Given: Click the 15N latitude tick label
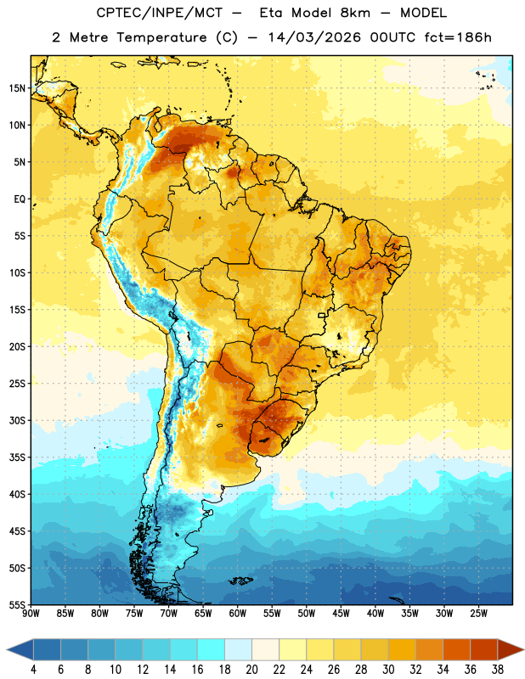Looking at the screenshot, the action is (x=17, y=88).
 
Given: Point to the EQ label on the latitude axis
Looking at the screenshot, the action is (x=20, y=199).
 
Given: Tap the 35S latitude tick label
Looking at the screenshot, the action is (x=17, y=457).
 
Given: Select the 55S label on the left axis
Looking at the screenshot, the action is (x=17, y=605).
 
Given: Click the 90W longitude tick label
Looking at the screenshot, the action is (x=31, y=614).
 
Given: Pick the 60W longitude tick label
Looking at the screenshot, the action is (x=238, y=614).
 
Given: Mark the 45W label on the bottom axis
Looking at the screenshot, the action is (x=341, y=614).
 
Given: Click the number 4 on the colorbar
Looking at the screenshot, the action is (x=33, y=670).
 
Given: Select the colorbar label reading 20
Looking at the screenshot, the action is (x=251, y=670).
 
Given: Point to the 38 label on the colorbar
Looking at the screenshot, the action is (x=498, y=670).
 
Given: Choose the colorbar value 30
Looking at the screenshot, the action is (x=388, y=670).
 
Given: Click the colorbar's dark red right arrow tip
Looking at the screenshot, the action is (x=523, y=649).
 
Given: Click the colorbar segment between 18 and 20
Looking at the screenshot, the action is (x=238, y=649).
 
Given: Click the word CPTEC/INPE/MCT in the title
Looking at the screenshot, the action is (x=160, y=13).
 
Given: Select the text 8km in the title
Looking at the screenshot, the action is (x=355, y=13).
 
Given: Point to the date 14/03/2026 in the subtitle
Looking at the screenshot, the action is (x=314, y=37).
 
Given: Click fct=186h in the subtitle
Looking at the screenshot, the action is (x=458, y=37).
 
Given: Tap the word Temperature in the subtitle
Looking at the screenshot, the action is (x=161, y=38).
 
